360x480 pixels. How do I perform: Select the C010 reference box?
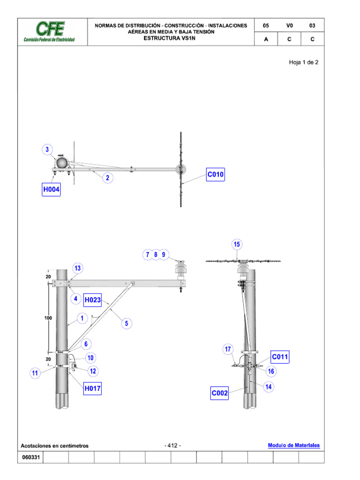point(216,175)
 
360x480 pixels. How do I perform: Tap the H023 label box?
point(92,300)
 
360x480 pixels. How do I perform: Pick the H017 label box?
point(92,388)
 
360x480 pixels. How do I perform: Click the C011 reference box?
point(280,358)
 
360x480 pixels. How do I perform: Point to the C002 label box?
point(220,394)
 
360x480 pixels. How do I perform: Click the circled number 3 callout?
point(47,150)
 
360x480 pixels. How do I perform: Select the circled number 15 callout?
point(237,244)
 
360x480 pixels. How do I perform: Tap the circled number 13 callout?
point(77,268)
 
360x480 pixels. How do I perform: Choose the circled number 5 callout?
point(126,322)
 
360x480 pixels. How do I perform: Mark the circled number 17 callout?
point(228,349)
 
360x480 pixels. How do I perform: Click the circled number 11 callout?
point(35,373)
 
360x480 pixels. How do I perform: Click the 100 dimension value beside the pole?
point(48,318)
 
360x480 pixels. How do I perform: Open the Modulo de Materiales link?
point(293,445)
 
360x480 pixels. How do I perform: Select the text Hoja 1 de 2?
point(303,62)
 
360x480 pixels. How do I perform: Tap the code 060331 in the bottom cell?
point(30,457)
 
